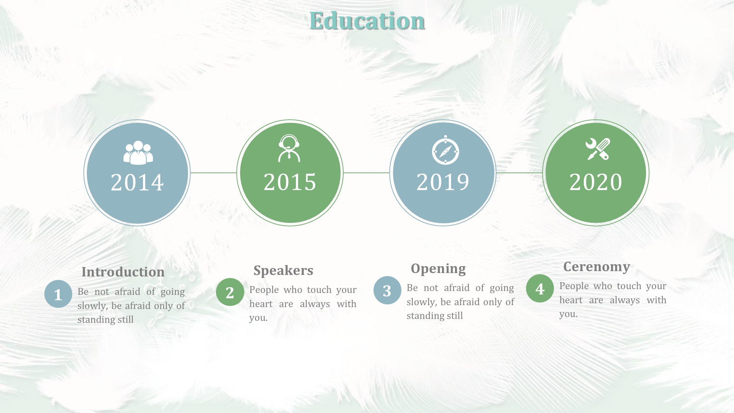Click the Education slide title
tap(367, 21)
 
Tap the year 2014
tap(137, 182)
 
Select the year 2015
tap(290, 182)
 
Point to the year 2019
tap(443, 182)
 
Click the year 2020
tap(596, 182)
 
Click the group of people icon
tap(138, 153)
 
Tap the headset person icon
tap(289, 148)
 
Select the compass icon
tap(445, 150)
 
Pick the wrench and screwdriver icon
tap(598, 149)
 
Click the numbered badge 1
tap(58, 294)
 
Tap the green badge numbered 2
tap(230, 292)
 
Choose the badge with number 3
tap(387, 290)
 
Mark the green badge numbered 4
tap(540, 288)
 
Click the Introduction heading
tap(123, 272)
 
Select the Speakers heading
tap(283, 271)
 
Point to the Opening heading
tap(438, 269)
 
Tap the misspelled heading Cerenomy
tap(597, 267)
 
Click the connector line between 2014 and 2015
tap(214, 173)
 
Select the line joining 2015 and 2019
tap(367, 173)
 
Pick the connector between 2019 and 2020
tap(520, 173)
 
